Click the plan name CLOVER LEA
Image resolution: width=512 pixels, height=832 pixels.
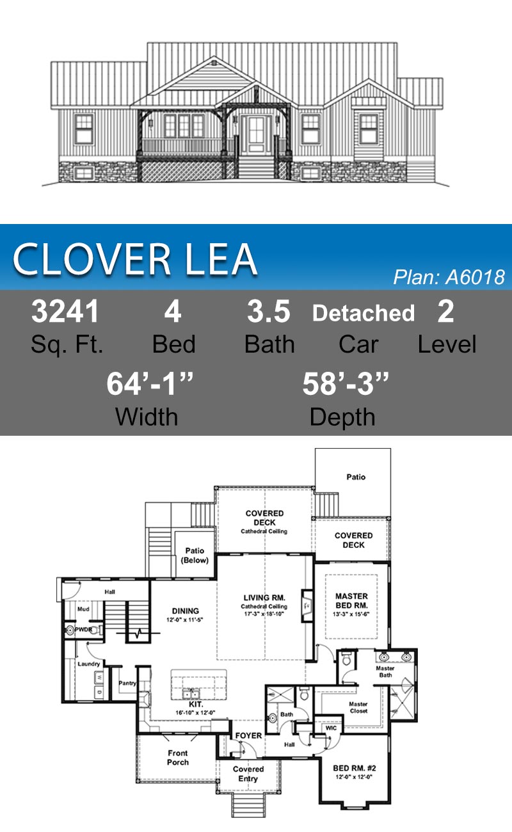coord(135,259)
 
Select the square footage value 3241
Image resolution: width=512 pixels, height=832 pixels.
coord(66,312)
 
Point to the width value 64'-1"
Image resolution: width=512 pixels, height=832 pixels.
coord(150,383)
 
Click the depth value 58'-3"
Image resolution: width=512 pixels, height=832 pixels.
coord(346,383)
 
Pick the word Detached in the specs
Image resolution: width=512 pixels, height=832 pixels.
coord(363,314)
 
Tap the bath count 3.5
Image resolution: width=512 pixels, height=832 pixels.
coord(269,312)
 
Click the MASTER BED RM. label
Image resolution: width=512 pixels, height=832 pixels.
coord(352,601)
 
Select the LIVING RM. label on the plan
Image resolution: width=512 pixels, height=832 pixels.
coord(264,597)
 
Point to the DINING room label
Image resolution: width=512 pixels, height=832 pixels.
coord(186,611)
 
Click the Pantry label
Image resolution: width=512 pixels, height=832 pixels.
coord(127,683)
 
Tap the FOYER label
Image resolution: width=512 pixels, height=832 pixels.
coord(248,735)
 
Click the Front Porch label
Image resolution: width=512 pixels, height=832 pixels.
coord(178,758)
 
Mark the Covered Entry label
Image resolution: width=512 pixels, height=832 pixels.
coord(248,774)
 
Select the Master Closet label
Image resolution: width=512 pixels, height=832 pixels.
coord(358,708)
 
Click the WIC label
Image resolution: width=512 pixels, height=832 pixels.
coord(331,728)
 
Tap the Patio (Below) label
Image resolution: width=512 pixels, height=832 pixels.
coord(195,555)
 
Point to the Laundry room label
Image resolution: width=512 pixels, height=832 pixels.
coord(88,664)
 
